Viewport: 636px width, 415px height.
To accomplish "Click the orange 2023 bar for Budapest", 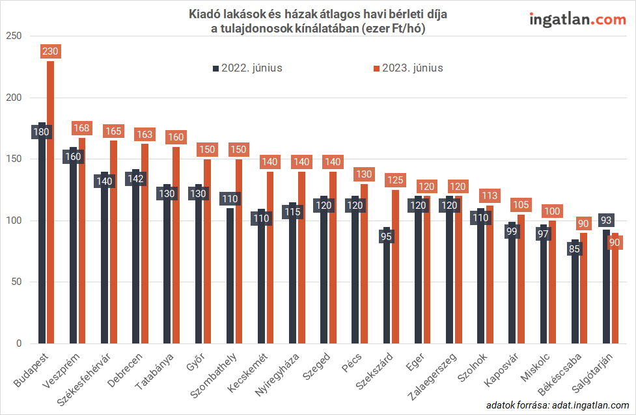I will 50,202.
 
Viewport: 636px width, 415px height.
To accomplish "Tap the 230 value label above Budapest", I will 50,51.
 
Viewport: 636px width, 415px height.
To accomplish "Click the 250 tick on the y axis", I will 12,36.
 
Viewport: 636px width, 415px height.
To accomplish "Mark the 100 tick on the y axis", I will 12,221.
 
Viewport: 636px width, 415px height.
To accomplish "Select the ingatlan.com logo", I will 577,20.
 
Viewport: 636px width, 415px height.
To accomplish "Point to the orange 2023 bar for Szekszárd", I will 395,267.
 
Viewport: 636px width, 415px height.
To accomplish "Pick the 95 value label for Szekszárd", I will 387,237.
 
